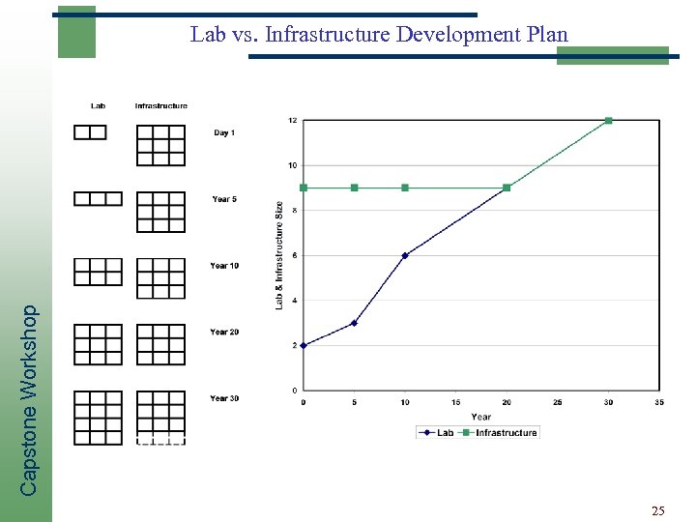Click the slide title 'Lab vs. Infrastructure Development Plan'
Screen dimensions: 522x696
click(x=379, y=36)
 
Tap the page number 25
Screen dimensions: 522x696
click(x=657, y=509)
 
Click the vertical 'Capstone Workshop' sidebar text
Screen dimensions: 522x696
click(x=30, y=400)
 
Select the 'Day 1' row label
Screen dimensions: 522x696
click(x=224, y=132)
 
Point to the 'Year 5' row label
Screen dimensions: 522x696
click(x=224, y=199)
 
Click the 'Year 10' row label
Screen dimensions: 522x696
click(x=224, y=266)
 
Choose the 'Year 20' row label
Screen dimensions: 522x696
click(x=224, y=332)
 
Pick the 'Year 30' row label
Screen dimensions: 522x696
click(x=224, y=398)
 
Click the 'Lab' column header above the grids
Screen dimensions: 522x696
click(x=98, y=105)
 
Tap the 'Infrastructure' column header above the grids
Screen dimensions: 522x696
click(x=160, y=105)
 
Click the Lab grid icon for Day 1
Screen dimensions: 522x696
click(x=90, y=132)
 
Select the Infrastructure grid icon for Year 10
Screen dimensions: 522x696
click(x=160, y=277)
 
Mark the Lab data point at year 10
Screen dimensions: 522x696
click(x=405, y=255)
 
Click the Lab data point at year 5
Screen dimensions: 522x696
click(x=354, y=323)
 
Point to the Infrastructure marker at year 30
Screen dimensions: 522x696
click(x=608, y=121)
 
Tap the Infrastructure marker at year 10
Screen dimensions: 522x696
click(x=405, y=188)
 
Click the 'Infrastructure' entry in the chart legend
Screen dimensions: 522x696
click(x=505, y=433)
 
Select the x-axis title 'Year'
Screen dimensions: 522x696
click(x=480, y=417)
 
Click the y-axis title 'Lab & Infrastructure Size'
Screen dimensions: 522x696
click(x=280, y=255)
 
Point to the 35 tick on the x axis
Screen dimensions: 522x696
click(x=659, y=402)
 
